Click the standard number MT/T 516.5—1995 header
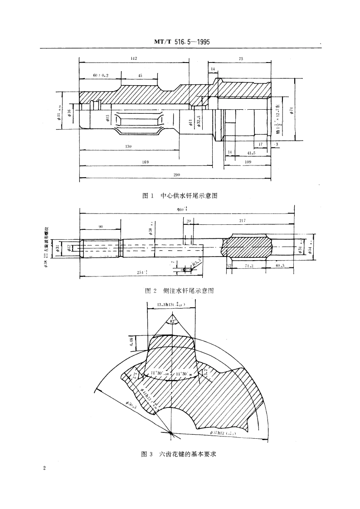tap(180, 43)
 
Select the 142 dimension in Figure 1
tap(134, 59)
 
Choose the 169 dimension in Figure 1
tap(146, 162)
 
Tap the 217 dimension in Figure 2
tap(242, 220)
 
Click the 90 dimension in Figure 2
tap(100, 226)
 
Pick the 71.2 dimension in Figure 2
tap(249, 267)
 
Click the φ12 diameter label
tap(68, 248)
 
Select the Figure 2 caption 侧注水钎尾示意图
tap(179, 290)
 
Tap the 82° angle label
tap(173, 321)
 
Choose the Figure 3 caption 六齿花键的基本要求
tap(180, 453)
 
